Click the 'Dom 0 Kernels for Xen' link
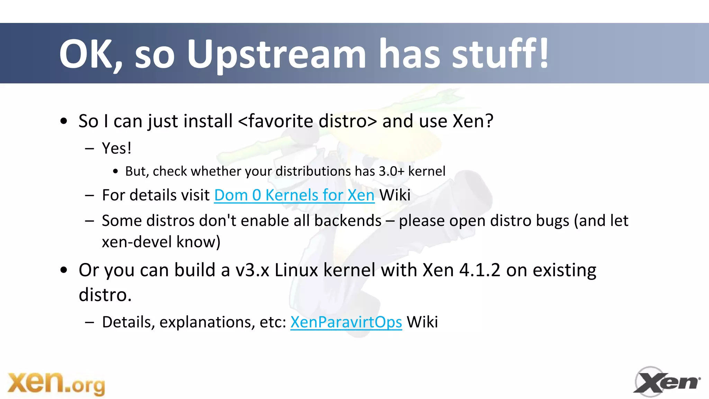(294, 195)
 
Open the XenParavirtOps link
(346, 322)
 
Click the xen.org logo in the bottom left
(56, 383)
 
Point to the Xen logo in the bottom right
(666, 382)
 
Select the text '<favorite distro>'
(307, 121)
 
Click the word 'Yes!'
(117, 148)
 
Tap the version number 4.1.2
(480, 270)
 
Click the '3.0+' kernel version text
(392, 171)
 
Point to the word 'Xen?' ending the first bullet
(473, 121)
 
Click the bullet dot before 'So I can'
(63, 121)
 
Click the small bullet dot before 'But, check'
(115, 172)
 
